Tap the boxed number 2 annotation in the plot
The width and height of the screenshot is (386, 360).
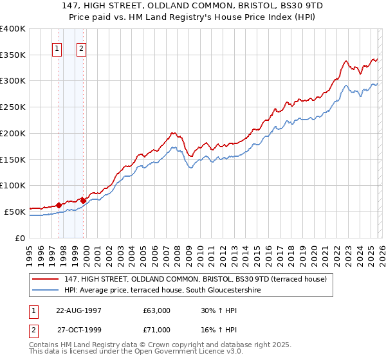pyautogui.click(x=82, y=48)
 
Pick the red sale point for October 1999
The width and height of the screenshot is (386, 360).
pyautogui.click(x=84, y=201)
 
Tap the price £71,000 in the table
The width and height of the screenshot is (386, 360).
pyautogui.click(x=157, y=329)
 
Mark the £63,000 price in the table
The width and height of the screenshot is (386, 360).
pyautogui.click(x=157, y=310)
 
